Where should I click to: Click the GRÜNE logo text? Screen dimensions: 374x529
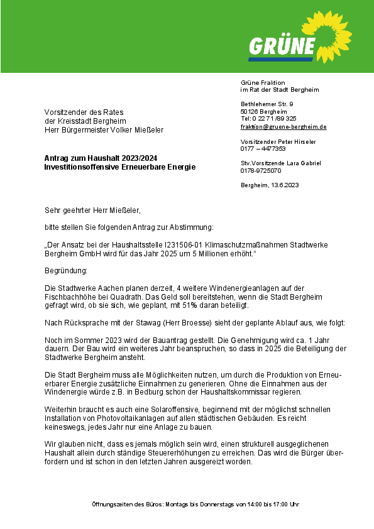[x=282, y=46]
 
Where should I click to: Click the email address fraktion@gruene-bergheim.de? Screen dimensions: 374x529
[x=283, y=127]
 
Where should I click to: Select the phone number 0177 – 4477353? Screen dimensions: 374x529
[x=263, y=149]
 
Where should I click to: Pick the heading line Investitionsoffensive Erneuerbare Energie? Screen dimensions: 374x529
[x=119, y=167]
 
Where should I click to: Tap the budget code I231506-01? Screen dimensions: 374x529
[x=177, y=244]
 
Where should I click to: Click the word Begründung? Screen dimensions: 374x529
[x=66, y=270]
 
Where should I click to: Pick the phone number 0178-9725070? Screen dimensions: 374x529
[x=261, y=170]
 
